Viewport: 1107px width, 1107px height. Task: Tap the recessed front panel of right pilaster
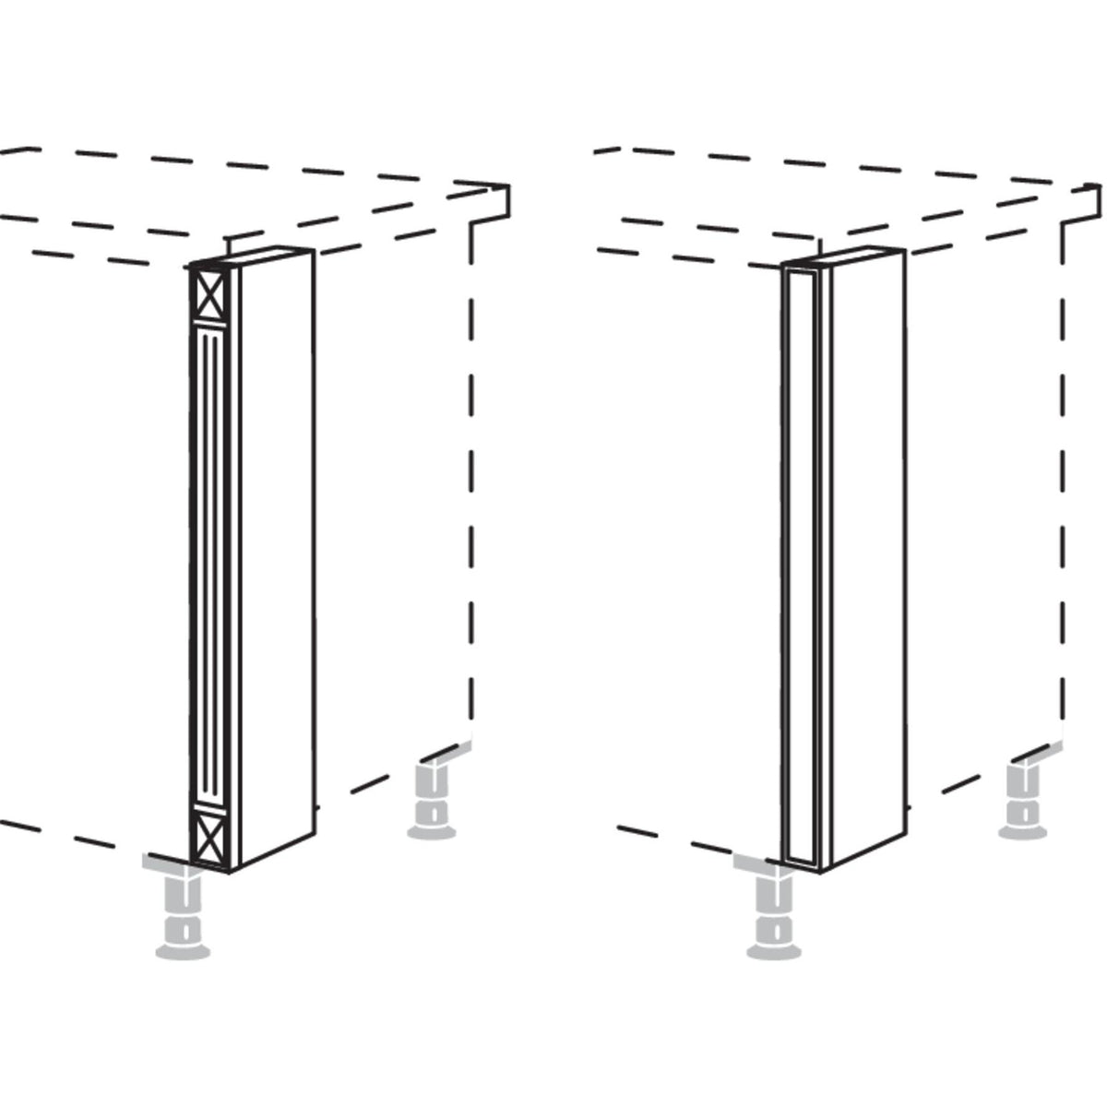point(800,563)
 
